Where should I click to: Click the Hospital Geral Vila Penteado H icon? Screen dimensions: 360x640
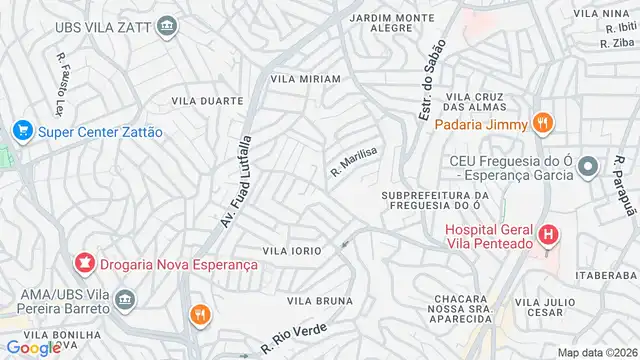pyautogui.click(x=548, y=237)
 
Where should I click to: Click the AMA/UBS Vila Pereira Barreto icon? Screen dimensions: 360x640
pyautogui.click(x=126, y=298)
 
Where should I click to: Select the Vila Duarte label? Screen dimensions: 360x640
pyautogui.click(x=207, y=101)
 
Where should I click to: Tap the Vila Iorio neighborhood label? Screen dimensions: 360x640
pyautogui.click(x=291, y=250)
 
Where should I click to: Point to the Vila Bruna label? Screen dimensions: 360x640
pyautogui.click(x=320, y=300)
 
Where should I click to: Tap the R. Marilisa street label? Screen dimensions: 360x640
pyautogui.click(x=354, y=160)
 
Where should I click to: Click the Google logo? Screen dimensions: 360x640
pyautogui.click(x=33, y=347)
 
